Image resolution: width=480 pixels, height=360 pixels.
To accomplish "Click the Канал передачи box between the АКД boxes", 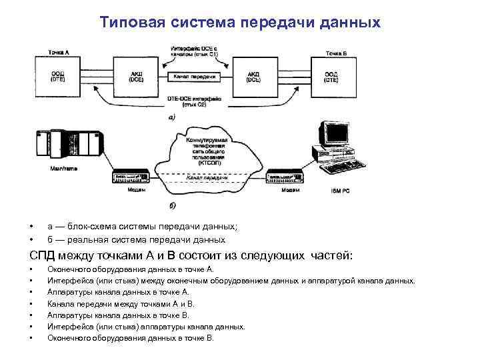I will pyautogui.click(x=195, y=77).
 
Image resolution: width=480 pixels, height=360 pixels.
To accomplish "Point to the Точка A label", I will pyautogui.click(x=58, y=51).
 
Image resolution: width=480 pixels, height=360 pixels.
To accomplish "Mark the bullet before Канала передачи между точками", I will pyautogui.click(x=31, y=303).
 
